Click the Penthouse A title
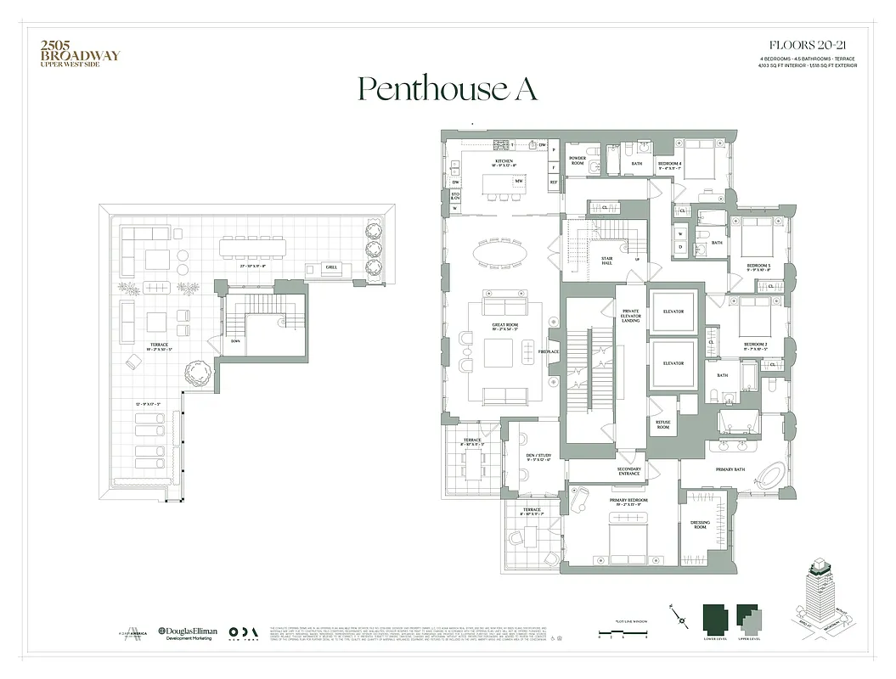(x=447, y=89)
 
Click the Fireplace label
(x=549, y=351)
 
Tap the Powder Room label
(x=578, y=160)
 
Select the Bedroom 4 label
(x=669, y=165)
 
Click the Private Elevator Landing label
(x=630, y=316)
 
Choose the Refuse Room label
(x=662, y=425)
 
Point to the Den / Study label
(x=539, y=457)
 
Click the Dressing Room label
(x=700, y=525)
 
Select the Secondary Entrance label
(x=628, y=471)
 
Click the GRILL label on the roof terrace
(x=330, y=267)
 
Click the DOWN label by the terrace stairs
(x=211, y=342)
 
